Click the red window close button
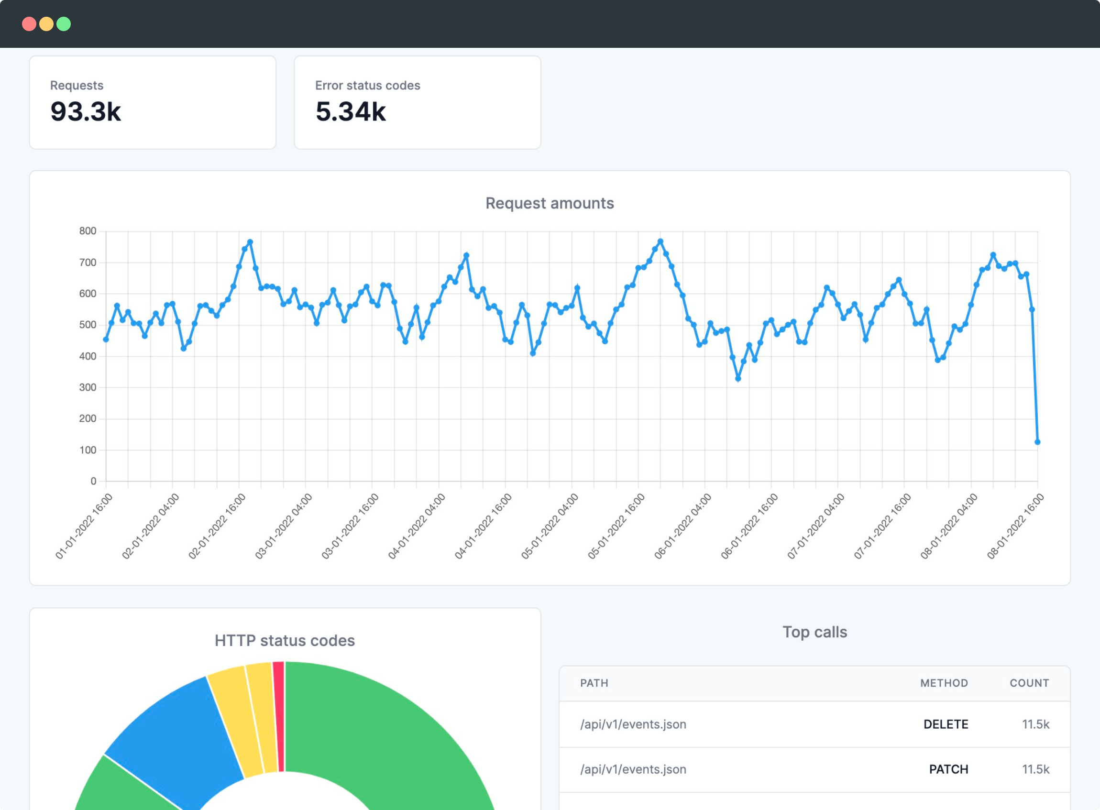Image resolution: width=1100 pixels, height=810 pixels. [29, 24]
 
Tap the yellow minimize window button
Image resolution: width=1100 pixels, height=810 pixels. [46, 24]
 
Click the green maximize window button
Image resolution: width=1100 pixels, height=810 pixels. [64, 24]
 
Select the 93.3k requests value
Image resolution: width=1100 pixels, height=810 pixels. [86, 111]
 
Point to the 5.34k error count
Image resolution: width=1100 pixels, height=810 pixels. [351, 111]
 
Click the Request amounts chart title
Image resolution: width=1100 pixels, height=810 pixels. [550, 203]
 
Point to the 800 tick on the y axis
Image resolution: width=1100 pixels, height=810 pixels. [88, 231]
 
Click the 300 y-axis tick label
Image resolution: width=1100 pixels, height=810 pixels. [88, 387]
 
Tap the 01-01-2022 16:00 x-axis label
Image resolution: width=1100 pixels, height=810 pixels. [84, 526]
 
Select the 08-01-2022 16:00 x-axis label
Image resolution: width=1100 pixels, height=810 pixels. [1016, 526]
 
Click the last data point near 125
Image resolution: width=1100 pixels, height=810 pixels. [1037, 442]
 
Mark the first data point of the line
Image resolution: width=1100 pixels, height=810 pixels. [106, 339]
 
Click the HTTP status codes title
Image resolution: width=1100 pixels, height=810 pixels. [285, 640]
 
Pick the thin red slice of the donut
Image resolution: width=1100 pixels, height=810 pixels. [279, 716]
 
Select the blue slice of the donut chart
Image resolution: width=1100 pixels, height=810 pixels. [181, 735]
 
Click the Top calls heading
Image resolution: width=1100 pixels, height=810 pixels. [815, 632]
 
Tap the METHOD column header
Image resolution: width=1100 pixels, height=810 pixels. [944, 683]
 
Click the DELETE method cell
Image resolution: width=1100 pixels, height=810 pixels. [946, 724]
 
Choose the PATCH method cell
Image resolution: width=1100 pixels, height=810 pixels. [949, 769]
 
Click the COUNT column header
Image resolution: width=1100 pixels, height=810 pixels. [1029, 683]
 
